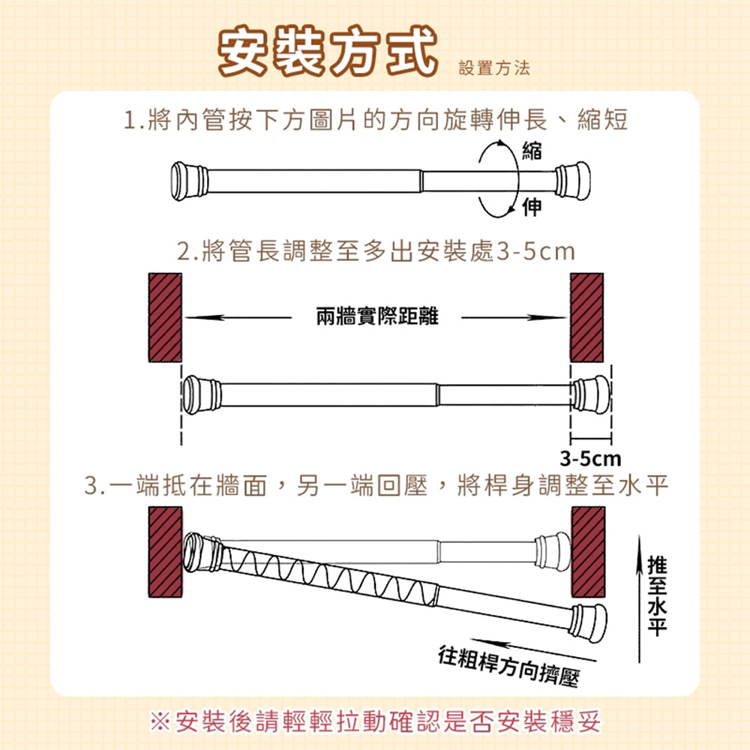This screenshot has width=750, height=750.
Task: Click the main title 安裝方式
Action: (x=328, y=51)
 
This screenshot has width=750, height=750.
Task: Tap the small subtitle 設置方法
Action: (x=494, y=68)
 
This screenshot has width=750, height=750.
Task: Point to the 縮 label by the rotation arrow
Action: (x=532, y=151)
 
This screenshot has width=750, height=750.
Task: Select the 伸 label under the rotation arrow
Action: (x=532, y=207)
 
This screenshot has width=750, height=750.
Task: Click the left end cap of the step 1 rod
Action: (x=190, y=181)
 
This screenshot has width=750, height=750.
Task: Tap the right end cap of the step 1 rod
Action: (x=572, y=180)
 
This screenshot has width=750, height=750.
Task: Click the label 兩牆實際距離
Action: (x=377, y=316)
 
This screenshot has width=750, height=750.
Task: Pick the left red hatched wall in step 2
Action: (x=165, y=317)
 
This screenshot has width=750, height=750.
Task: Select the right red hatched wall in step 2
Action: (x=586, y=317)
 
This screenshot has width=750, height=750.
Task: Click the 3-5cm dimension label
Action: (x=591, y=459)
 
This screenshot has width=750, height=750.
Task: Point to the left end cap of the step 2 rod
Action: (x=201, y=394)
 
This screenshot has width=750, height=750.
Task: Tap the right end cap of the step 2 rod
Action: (x=592, y=394)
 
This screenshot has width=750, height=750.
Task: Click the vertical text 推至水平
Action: (x=657, y=595)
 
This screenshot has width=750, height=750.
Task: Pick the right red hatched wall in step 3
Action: (x=588, y=552)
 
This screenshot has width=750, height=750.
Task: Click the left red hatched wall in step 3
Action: (x=166, y=552)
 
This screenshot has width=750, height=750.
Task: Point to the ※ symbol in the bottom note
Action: (x=160, y=721)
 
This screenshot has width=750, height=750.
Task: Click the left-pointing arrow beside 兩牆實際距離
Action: (x=238, y=317)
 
